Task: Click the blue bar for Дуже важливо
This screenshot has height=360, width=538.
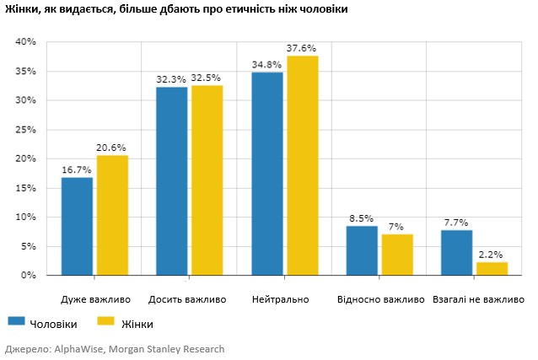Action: coord(78,226)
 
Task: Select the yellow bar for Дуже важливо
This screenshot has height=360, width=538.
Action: coord(112,215)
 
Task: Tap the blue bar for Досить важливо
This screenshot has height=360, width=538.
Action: coord(172,180)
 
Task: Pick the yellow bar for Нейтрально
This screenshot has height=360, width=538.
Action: coord(302,165)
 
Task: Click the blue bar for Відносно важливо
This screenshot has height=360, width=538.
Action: coord(362,250)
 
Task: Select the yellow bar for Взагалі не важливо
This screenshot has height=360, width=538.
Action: coord(492,268)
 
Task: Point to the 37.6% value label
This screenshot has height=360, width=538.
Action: coord(301,48)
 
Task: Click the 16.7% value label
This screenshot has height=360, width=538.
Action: coord(77,169)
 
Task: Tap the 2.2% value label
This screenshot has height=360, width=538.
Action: coord(492,255)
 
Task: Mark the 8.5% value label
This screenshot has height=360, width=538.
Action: coord(362,218)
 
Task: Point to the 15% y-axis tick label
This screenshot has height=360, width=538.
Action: coord(26,188)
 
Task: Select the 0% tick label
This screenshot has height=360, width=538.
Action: coord(29,276)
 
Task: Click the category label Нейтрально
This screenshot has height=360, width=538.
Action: coord(280,299)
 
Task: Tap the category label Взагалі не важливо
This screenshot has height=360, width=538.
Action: coord(478,299)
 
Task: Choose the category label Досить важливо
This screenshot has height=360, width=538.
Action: coord(186,299)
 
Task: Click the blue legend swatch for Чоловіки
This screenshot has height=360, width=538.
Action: coord(15,322)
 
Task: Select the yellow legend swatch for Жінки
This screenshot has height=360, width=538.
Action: coord(105,322)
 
